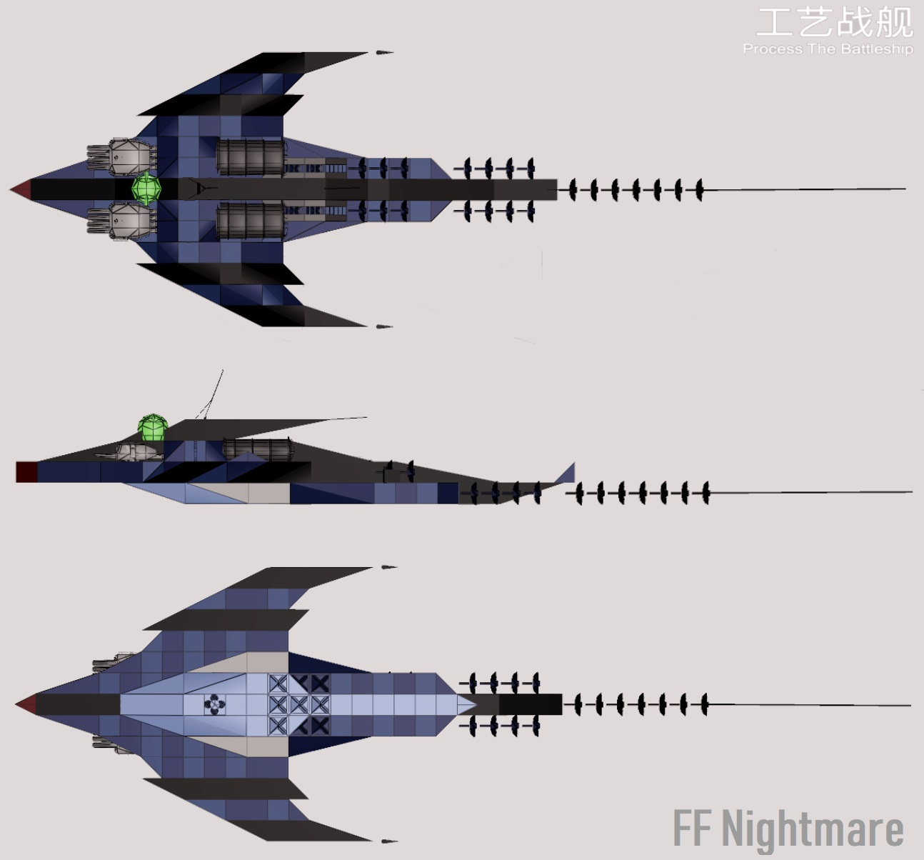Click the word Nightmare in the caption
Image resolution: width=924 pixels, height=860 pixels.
[813, 830]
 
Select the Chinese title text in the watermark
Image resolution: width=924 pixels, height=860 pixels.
[835, 22]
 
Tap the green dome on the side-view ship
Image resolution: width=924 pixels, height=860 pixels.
[153, 427]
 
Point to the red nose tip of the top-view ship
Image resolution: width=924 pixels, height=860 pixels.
[21, 189]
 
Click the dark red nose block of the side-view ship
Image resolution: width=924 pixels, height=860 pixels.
[26, 471]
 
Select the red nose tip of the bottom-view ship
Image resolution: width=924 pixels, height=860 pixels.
[26, 704]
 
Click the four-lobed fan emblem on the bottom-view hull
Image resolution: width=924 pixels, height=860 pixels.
[214, 704]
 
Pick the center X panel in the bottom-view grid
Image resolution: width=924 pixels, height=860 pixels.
[298, 704]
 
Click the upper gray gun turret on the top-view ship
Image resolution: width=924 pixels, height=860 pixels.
[122, 156]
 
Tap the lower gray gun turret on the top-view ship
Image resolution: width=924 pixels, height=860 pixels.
[122, 221]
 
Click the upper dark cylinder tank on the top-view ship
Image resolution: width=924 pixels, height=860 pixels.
[251, 157]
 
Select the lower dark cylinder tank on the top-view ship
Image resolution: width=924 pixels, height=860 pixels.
[251, 221]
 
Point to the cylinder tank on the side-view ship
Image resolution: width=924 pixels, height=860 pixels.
[258, 449]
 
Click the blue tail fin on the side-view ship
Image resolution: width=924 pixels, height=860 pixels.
[566, 474]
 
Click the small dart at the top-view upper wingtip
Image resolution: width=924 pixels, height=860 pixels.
[385, 53]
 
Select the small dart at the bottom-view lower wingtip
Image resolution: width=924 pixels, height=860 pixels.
[389, 841]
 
